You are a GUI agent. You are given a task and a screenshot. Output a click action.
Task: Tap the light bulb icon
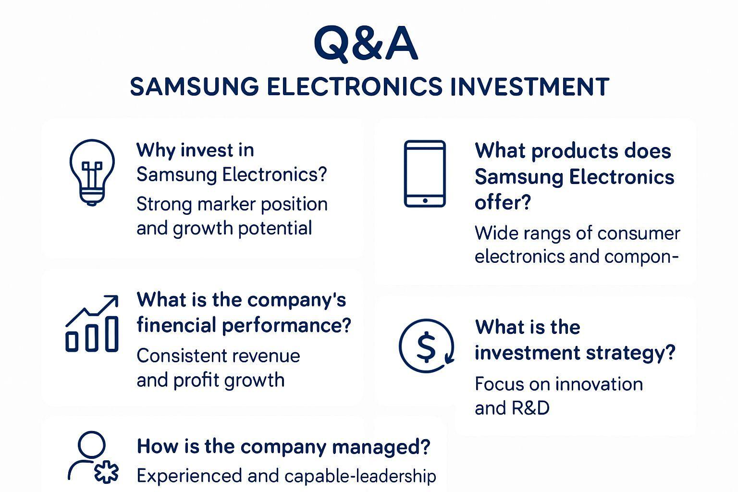(x=92, y=172)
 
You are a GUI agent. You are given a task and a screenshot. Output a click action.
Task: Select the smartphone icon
(x=425, y=174)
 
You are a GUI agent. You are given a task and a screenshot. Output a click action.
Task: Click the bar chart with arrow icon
(x=92, y=323)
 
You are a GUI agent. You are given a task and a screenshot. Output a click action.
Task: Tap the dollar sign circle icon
(x=426, y=346)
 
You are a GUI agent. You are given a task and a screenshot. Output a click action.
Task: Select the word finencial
(x=176, y=325)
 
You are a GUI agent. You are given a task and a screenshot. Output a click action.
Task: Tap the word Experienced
(x=189, y=476)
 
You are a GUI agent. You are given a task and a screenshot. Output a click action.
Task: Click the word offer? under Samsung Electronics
(x=503, y=203)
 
